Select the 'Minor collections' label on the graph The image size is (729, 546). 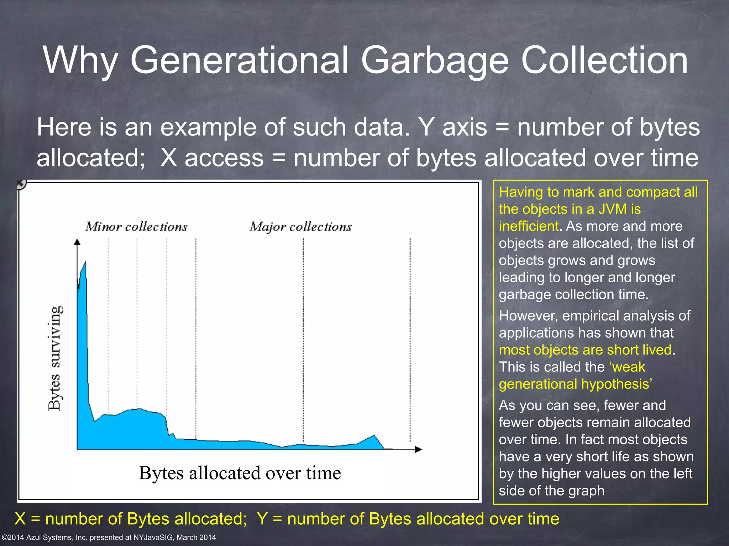point(136,227)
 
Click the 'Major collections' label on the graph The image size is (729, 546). point(300,227)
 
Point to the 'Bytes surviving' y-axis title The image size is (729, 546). point(56,358)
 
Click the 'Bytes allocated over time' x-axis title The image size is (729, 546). point(240,473)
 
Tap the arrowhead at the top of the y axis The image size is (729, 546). point(77,242)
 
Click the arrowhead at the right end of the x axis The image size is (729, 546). point(419,449)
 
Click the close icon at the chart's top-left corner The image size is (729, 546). point(21,184)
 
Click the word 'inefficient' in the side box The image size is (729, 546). point(529,226)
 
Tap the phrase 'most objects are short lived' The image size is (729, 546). point(585,350)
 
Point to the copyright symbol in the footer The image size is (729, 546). point(4,537)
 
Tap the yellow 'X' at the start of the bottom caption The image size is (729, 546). point(20,519)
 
